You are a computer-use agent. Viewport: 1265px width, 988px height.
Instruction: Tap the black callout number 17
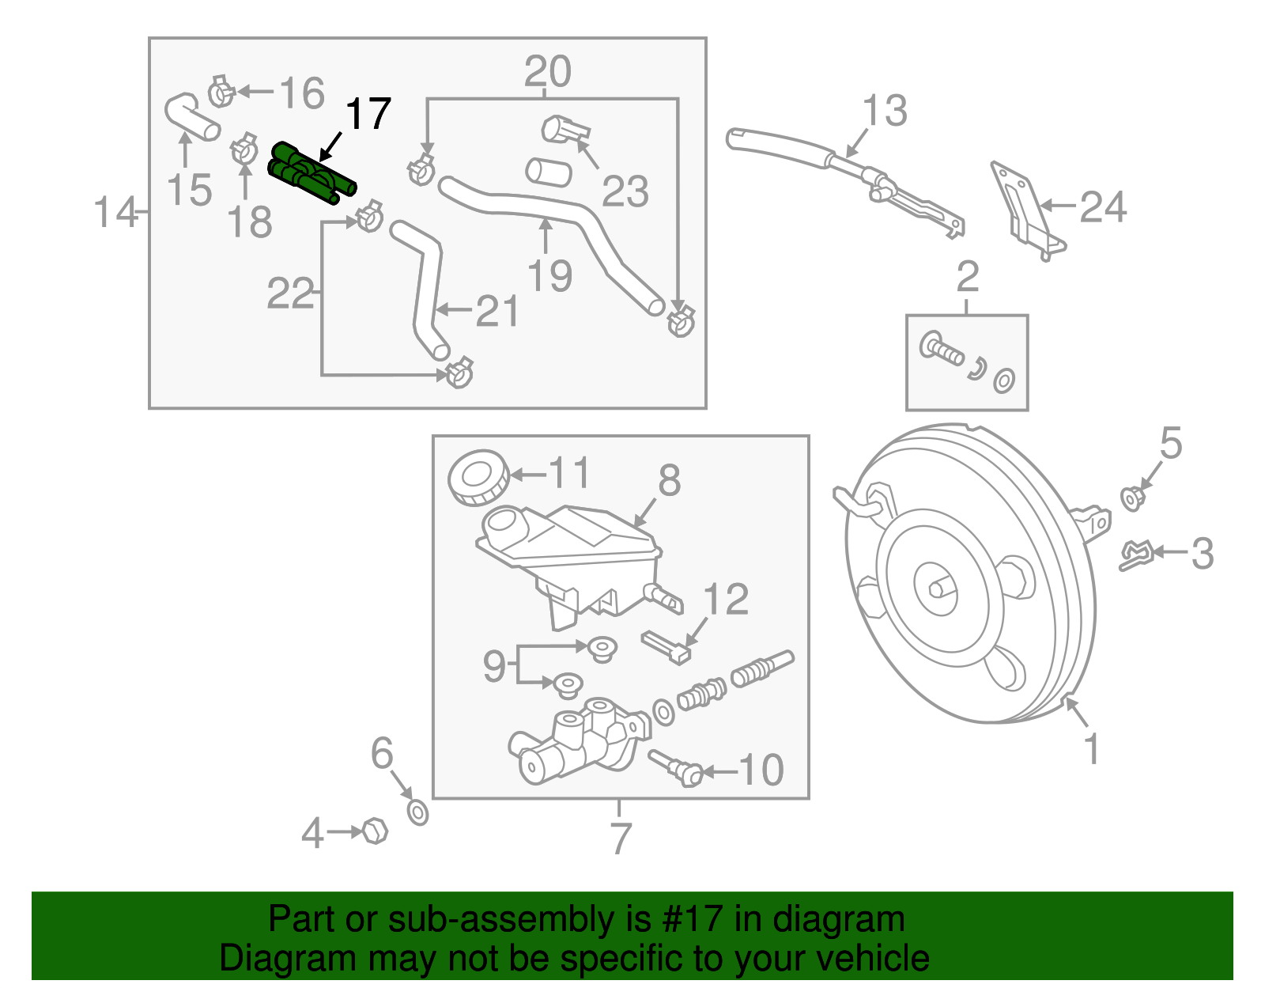[x=368, y=115]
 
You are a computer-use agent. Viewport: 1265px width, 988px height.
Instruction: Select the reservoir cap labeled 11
[x=478, y=477]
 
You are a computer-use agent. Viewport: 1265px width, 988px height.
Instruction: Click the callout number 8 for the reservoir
[x=669, y=480]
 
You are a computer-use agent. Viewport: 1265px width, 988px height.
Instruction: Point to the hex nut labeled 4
[x=375, y=831]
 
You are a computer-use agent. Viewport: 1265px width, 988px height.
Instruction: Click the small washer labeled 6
[x=417, y=812]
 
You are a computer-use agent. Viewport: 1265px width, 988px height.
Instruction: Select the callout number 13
[x=884, y=111]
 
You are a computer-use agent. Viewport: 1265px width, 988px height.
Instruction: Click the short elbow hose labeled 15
[x=190, y=117]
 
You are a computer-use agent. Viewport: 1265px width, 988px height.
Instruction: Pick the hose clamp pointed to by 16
[x=221, y=93]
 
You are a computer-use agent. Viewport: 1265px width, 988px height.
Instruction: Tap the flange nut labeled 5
[x=1132, y=498]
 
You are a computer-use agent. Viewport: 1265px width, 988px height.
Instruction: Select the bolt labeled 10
[x=677, y=767]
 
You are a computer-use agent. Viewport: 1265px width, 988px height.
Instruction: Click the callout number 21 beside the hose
[x=497, y=311]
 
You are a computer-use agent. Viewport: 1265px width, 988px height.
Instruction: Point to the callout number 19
[x=549, y=276]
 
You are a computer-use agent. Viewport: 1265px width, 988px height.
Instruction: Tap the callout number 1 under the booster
[x=1092, y=748]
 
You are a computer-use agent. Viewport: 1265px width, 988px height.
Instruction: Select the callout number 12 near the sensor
[x=725, y=600]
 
